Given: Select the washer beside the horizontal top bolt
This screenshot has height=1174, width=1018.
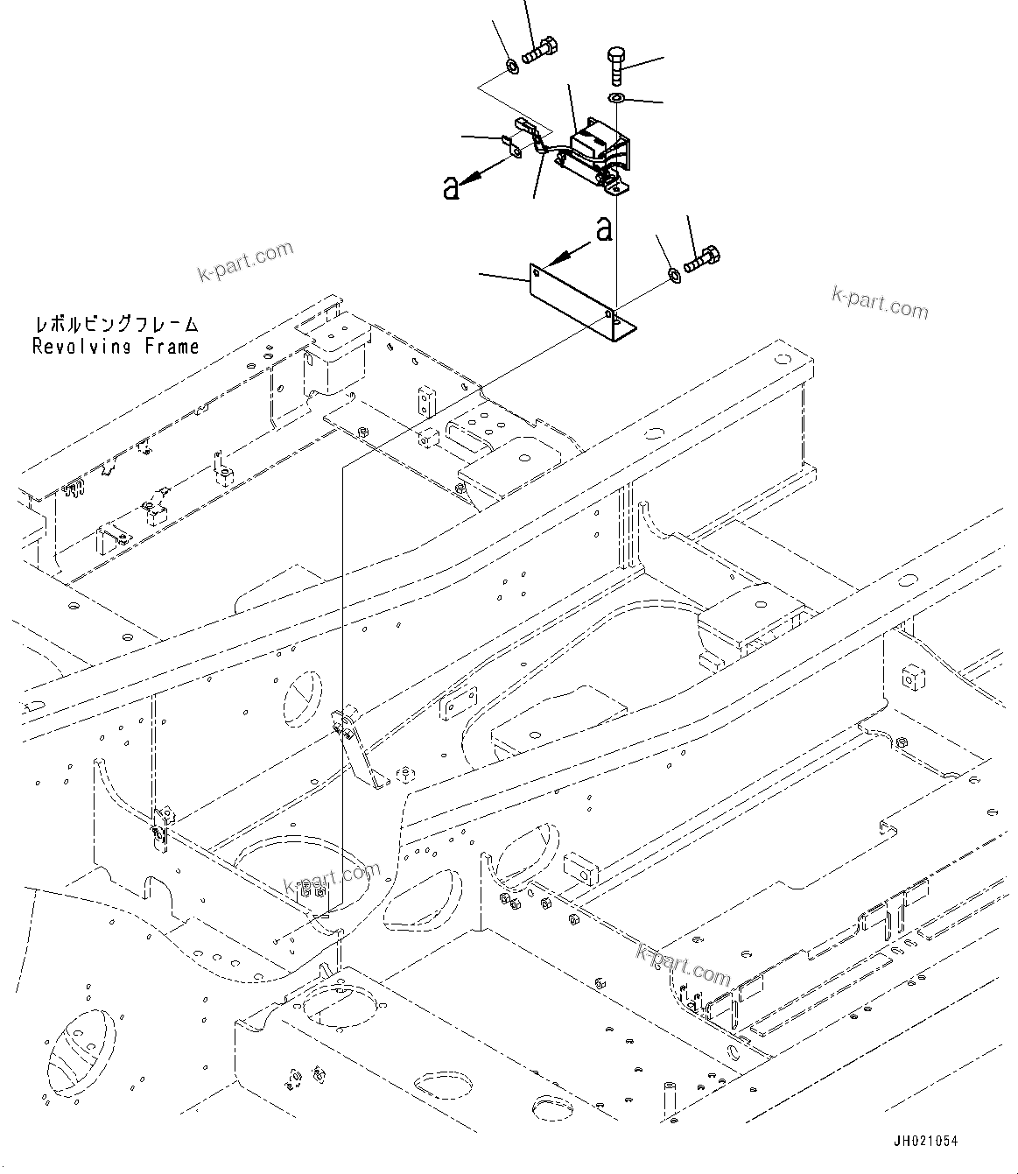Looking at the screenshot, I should tap(512, 66).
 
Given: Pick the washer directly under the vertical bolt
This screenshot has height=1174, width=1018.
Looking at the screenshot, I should tap(616, 97).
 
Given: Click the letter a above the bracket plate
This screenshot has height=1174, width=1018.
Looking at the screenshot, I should tap(602, 229).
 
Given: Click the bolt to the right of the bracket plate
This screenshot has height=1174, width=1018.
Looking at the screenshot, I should tap(703, 260).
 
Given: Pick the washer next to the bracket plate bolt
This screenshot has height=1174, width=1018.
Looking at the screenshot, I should tap(674, 275).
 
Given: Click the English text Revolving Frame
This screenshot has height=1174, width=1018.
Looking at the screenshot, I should tap(116, 346).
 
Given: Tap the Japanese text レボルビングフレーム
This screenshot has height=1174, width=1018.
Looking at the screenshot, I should tap(116, 325).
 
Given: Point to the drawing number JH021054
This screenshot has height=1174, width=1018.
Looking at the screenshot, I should tap(926, 1141).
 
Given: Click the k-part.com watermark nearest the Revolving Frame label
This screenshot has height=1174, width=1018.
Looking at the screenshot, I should tap(245, 263).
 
